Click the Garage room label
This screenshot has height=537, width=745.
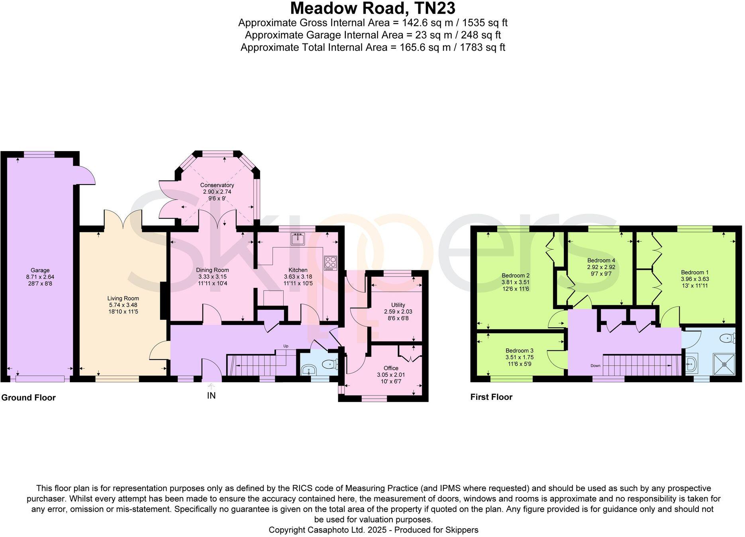click(x=40, y=270)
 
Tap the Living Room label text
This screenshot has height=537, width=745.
click(x=123, y=298)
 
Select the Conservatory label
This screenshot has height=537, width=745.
click(x=217, y=185)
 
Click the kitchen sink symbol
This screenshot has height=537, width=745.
click(x=298, y=239)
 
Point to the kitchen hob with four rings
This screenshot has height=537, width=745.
click(x=331, y=263)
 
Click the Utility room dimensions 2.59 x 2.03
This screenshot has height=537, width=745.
click(x=398, y=312)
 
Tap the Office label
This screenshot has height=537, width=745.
click(x=391, y=368)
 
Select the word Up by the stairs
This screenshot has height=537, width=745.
click(x=286, y=346)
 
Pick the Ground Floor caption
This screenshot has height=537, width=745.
click(x=28, y=397)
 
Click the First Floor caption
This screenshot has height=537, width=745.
click(x=491, y=397)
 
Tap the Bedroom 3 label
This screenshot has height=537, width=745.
click(x=519, y=351)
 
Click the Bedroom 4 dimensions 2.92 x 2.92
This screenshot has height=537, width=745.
click(x=601, y=267)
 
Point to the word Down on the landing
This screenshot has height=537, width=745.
click(x=595, y=366)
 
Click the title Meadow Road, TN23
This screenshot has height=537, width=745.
click(x=372, y=8)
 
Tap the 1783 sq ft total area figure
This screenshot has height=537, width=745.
click(x=482, y=48)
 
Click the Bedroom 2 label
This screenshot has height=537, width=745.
click(x=515, y=275)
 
